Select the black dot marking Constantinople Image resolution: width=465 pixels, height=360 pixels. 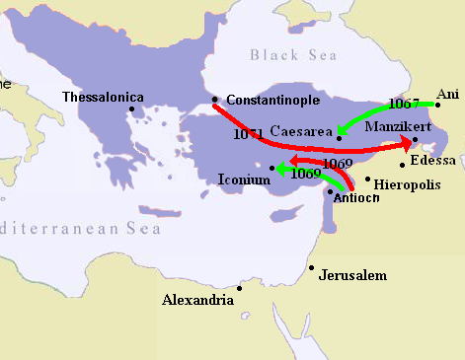pos(215,99)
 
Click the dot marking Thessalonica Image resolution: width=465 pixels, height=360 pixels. pos(131,109)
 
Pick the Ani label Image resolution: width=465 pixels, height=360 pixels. pos(447,93)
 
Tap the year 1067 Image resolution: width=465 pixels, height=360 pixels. pos(405,103)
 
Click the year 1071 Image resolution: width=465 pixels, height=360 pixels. pos(249,133)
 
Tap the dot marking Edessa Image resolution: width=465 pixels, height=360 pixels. pos(403,164)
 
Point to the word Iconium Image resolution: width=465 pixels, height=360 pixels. pos(242,180)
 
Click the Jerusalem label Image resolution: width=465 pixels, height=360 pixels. pos(352,275)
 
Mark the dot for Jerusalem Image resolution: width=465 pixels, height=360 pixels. pos(311,267)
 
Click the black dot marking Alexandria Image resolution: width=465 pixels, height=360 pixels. pos(240,289)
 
